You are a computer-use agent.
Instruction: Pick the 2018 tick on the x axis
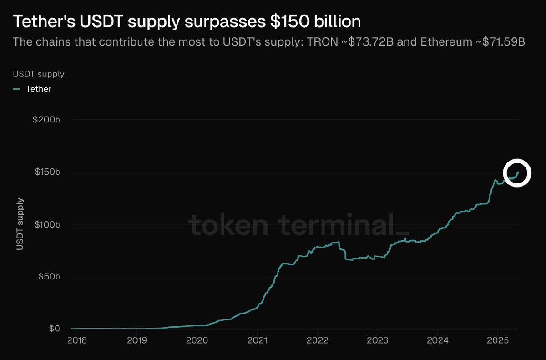click(x=76, y=340)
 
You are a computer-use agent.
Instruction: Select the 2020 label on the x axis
click(x=197, y=340)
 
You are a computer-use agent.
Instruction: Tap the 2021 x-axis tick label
click(x=257, y=340)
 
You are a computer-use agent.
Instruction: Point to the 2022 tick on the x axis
click(x=317, y=340)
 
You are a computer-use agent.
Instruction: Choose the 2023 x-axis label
click(x=377, y=340)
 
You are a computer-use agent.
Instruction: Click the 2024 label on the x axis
click(x=437, y=340)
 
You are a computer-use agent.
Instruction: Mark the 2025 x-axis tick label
click(x=497, y=340)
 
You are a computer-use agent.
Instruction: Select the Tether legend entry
click(x=38, y=89)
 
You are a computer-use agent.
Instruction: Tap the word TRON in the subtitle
click(x=322, y=42)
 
